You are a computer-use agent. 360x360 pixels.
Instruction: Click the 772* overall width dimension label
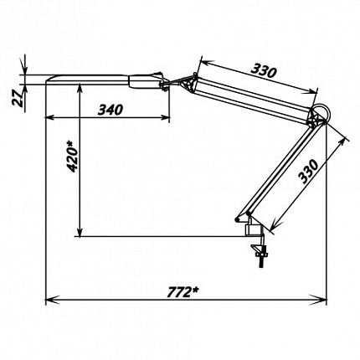[183, 292]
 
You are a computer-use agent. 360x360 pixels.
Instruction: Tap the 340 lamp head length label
[111, 110]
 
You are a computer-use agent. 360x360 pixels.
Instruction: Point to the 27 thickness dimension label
[18, 99]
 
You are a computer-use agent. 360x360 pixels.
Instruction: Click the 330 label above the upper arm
[263, 70]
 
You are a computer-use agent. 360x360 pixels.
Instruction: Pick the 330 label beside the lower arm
[308, 171]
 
